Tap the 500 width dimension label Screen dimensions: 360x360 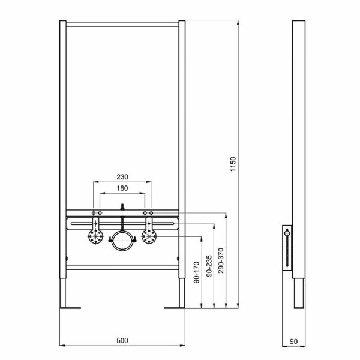point(122,340)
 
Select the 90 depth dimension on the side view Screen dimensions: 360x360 point(293,340)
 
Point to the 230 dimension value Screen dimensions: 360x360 point(122,178)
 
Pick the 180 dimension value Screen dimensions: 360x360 point(122,188)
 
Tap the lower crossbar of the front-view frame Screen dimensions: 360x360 point(122,265)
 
